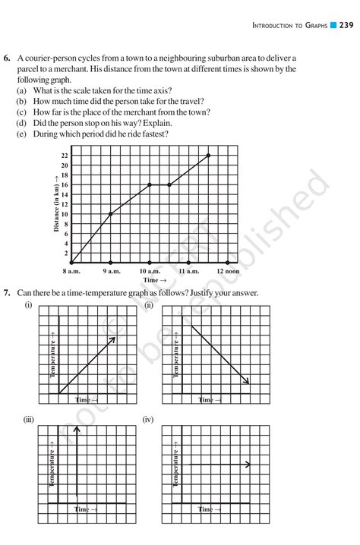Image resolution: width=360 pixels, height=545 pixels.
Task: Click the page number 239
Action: point(346,26)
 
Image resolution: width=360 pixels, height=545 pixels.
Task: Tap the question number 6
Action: point(8,58)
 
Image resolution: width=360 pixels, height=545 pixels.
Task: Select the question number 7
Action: point(8,292)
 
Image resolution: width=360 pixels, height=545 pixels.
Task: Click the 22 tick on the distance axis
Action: point(65,156)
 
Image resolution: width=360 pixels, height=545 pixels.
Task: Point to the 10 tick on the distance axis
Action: point(65,214)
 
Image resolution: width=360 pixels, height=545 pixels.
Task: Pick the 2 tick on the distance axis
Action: point(66,253)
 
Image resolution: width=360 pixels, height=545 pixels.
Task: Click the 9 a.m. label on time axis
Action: point(111,271)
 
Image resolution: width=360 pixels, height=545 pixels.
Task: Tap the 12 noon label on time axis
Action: point(228,271)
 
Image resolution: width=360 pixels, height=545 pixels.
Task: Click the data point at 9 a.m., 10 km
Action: point(111,214)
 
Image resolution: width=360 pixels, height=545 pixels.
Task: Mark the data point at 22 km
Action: point(208,156)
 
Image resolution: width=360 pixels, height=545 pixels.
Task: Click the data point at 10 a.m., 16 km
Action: point(150,184)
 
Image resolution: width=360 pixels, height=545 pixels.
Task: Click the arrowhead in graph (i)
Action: point(112,339)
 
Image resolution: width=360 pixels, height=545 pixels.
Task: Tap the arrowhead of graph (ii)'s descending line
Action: point(247,381)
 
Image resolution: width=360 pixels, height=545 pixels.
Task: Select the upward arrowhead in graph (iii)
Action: point(76,430)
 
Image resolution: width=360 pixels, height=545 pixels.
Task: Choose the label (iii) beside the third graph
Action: point(29,419)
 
